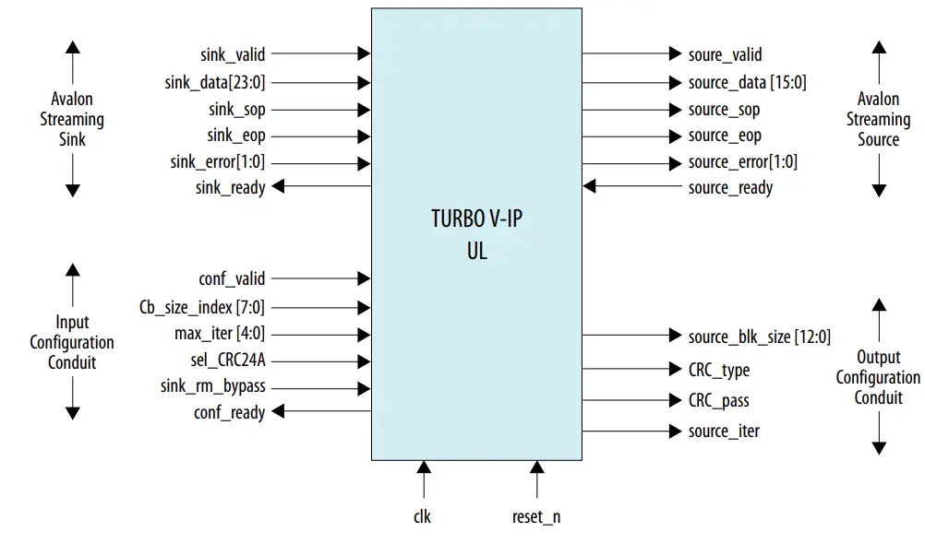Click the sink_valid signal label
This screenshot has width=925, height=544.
coord(233,55)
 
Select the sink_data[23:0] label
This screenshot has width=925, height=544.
coord(215,83)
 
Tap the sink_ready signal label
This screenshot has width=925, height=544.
coord(230,188)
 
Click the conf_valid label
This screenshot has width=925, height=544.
coord(232,278)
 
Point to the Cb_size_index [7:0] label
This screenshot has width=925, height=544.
coord(202,307)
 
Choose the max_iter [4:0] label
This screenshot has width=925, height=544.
coord(220,333)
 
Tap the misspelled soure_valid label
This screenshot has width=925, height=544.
coord(725,55)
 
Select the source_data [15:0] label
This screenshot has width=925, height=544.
coord(747,83)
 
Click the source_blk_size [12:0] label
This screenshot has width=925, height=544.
coord(759,337)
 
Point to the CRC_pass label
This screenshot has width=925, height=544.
coord(718,401)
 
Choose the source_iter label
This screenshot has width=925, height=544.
coord(724,431)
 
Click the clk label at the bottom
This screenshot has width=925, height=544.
coord(423,517)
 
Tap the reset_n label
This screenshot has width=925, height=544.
coord(536,517)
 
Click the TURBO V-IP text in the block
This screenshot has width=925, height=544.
coord(476,219)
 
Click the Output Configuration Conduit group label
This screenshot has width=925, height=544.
coord(878,377)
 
